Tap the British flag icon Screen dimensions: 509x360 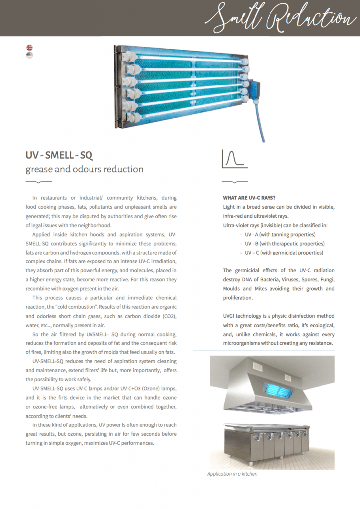(x=29, y=48)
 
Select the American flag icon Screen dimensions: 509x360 (x=29, y=55)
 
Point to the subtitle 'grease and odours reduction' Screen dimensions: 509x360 (x=85, y=170)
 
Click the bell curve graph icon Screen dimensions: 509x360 (x=234, y=159)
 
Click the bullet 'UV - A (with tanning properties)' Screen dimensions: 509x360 (x=280, y=234)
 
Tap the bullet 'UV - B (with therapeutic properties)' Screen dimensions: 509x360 (x=284, y=243)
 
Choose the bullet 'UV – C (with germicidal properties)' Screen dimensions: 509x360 (x=283, y=253)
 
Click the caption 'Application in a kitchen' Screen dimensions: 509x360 (x=232, y=474)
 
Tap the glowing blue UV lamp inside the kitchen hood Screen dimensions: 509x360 (x=272, y=387)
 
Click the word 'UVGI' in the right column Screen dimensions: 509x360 (x=231, y=316)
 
